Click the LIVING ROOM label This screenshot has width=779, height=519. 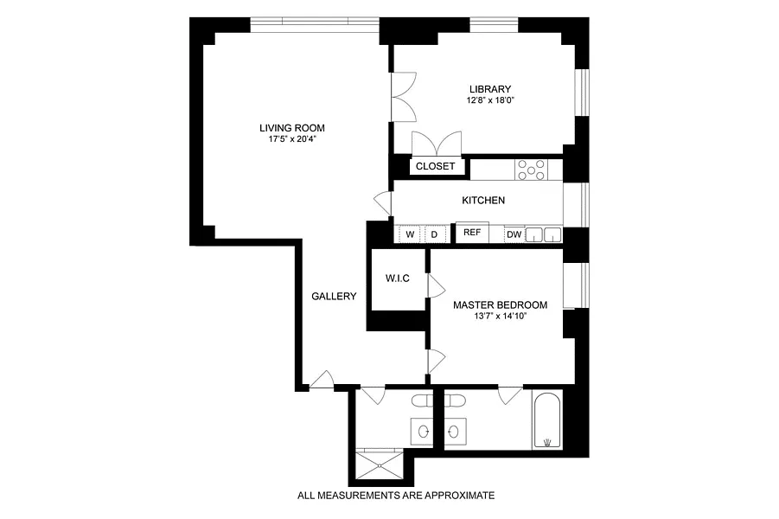pos(292,128)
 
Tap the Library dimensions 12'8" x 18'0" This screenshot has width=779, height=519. pos(490,100)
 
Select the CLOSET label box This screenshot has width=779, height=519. pos(435,166)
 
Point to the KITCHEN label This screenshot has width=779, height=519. pos(483,201)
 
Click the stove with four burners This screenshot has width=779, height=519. pos(531,170)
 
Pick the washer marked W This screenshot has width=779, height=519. pos(410,234)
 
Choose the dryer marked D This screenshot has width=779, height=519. pos(434,234)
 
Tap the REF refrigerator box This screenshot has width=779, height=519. pos(472,232)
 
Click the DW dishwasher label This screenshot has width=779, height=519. pos(514,234)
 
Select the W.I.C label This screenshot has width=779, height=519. pos(398,279)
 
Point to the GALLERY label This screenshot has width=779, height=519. pos(334,297)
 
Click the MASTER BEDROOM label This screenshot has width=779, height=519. pos(501,304)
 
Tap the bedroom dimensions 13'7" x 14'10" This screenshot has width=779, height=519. pos(500,316)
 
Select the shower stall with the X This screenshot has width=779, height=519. pos(380,465)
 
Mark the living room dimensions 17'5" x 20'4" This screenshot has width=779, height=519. pos(292,139)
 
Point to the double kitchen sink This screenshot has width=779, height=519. pos(544,234)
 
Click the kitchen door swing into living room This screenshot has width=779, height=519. pos(382,203)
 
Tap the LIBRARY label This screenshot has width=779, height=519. pos(490,89)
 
